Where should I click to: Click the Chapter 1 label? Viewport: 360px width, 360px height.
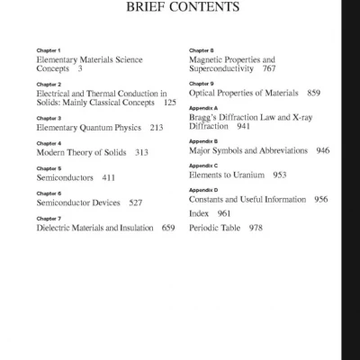click(x=49, y=50)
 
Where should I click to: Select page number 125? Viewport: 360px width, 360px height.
click(x=170, y=103)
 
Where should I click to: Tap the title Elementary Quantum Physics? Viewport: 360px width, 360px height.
click(x=86, y=128)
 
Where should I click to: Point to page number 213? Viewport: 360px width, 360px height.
click(x=157, y=128)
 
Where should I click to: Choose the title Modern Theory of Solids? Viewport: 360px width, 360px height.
click(x=81, y=153)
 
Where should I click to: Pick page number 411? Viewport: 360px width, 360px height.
click(x=109, y=178)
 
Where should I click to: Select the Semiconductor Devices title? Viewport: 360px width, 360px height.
click(x=78, y=203)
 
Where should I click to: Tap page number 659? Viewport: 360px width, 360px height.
click(x=168, y=229)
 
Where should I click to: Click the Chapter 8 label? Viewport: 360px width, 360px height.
click(x=201, y=50)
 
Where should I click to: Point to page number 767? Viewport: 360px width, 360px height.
click(x=269, y=68)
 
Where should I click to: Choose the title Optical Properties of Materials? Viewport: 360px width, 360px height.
click(x=243, y=93)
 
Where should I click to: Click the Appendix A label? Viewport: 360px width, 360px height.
click(x=203, y=108)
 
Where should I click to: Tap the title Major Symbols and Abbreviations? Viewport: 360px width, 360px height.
click(x=248, y=151)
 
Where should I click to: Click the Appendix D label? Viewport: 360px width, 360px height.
click(x=203, y=191)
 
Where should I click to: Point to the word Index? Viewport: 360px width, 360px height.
click(x=199, y=214)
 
